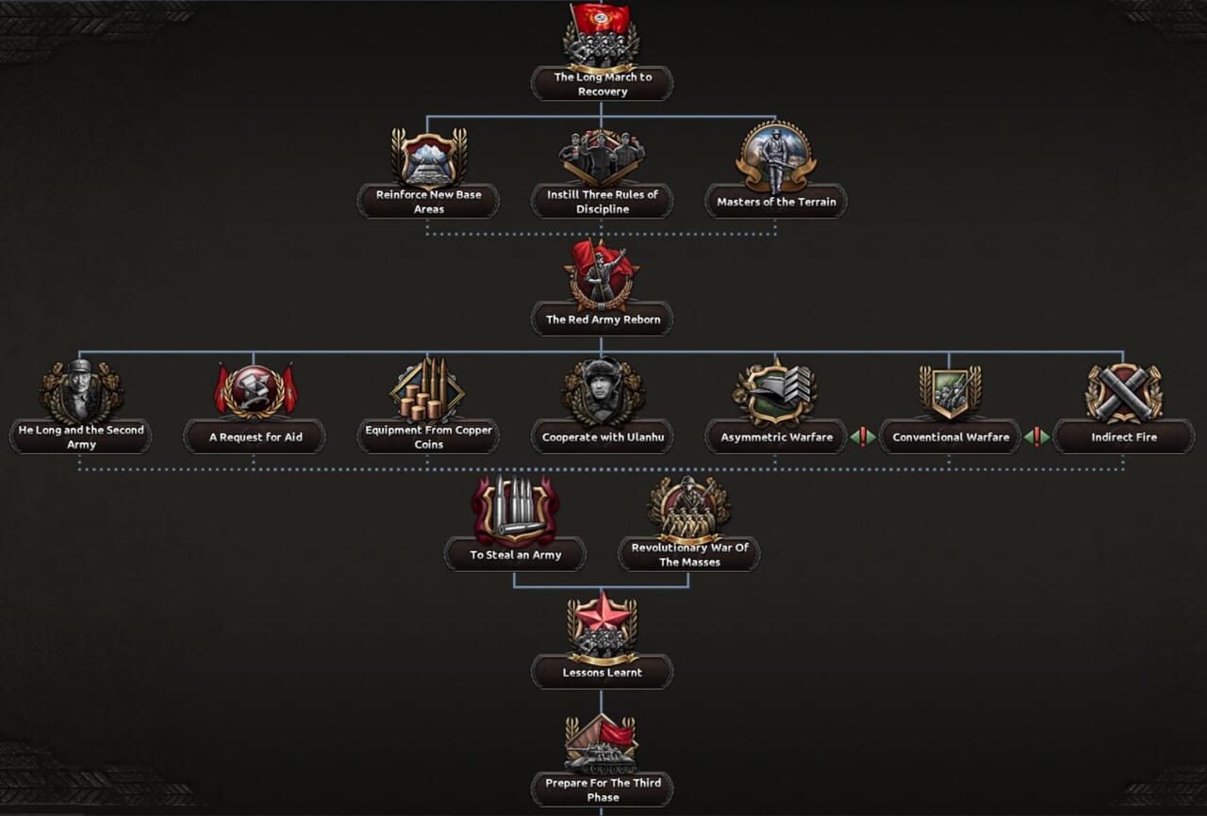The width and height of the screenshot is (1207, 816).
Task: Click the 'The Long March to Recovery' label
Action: click(602, 84)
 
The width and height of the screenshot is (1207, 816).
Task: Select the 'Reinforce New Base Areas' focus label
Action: click(428, 202)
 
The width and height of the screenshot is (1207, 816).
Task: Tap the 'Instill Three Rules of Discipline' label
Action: click(602, 202)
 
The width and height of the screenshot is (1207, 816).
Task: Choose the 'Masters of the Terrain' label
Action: click(776, 202)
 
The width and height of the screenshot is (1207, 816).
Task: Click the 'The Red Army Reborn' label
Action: click(602, 319)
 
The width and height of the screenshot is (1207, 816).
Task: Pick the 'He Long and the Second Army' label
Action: click(81, 437)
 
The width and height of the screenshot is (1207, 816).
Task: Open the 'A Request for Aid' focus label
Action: click(255, 437)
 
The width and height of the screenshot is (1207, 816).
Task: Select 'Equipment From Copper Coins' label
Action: click(428, 437)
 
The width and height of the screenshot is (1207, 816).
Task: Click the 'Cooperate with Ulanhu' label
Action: click(602, 437)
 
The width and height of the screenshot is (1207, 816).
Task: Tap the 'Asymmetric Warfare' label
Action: click(776, 437)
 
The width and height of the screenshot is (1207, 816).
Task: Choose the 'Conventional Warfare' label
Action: click(950, 437)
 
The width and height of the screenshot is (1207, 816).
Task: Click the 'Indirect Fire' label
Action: click(1123, 437)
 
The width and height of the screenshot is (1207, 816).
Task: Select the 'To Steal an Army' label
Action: click(515, 555)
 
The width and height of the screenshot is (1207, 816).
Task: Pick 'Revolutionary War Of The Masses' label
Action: click(688, 555)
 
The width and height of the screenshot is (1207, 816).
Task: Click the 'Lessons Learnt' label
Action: click(602, 673)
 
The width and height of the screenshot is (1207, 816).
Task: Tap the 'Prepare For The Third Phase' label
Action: click(602, 790)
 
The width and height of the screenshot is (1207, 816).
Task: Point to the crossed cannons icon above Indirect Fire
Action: click(1123, 392)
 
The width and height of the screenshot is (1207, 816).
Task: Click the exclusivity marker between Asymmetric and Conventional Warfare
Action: click(863, 437)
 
